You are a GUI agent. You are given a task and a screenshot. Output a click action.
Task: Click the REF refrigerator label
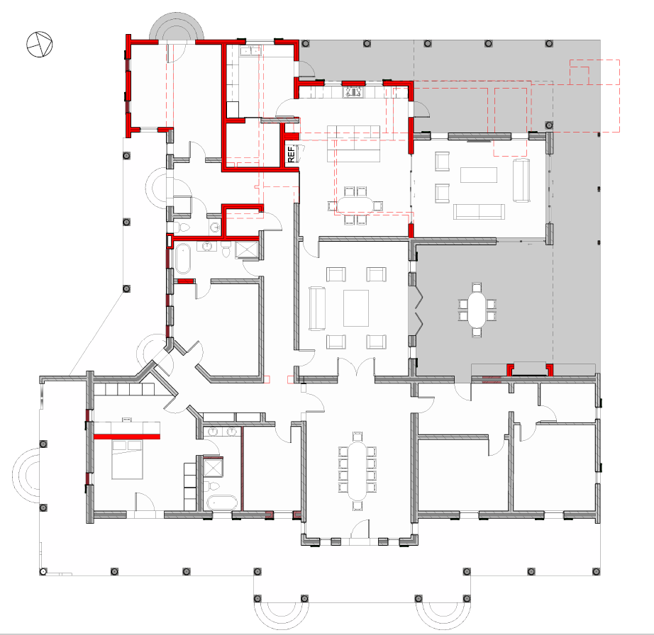coord(291,154)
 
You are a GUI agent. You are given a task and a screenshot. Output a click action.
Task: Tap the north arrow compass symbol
coord(40,44)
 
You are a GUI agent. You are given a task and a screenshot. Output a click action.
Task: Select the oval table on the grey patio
coord(477,310)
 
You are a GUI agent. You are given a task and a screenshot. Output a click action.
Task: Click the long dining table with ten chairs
coord(357,471)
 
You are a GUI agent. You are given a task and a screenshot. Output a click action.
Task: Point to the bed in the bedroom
coord(127,459)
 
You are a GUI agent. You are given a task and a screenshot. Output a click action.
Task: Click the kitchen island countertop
coord(353,143)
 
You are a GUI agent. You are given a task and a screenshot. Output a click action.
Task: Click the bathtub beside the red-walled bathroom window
coord(183,259)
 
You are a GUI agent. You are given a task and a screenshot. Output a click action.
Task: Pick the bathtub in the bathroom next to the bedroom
coord(222,503)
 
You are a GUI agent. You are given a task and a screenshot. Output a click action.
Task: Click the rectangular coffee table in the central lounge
coord(356,308)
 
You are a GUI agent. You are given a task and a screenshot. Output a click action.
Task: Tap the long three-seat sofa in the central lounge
coord(317,308)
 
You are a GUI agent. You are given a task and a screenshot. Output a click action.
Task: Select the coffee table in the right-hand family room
coord(478,175)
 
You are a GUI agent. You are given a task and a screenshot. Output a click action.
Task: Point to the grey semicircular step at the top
coord(177,27)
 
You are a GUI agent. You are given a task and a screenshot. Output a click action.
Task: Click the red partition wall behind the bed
coord(127,437)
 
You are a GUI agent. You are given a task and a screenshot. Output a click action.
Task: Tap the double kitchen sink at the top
coord(250,51)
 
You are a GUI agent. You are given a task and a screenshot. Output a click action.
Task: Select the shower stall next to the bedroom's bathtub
coord(213,467)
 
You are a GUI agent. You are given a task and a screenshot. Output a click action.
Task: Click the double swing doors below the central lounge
coord(356,366)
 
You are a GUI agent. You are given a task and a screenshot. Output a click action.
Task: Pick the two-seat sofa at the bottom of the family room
coord(479,212)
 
